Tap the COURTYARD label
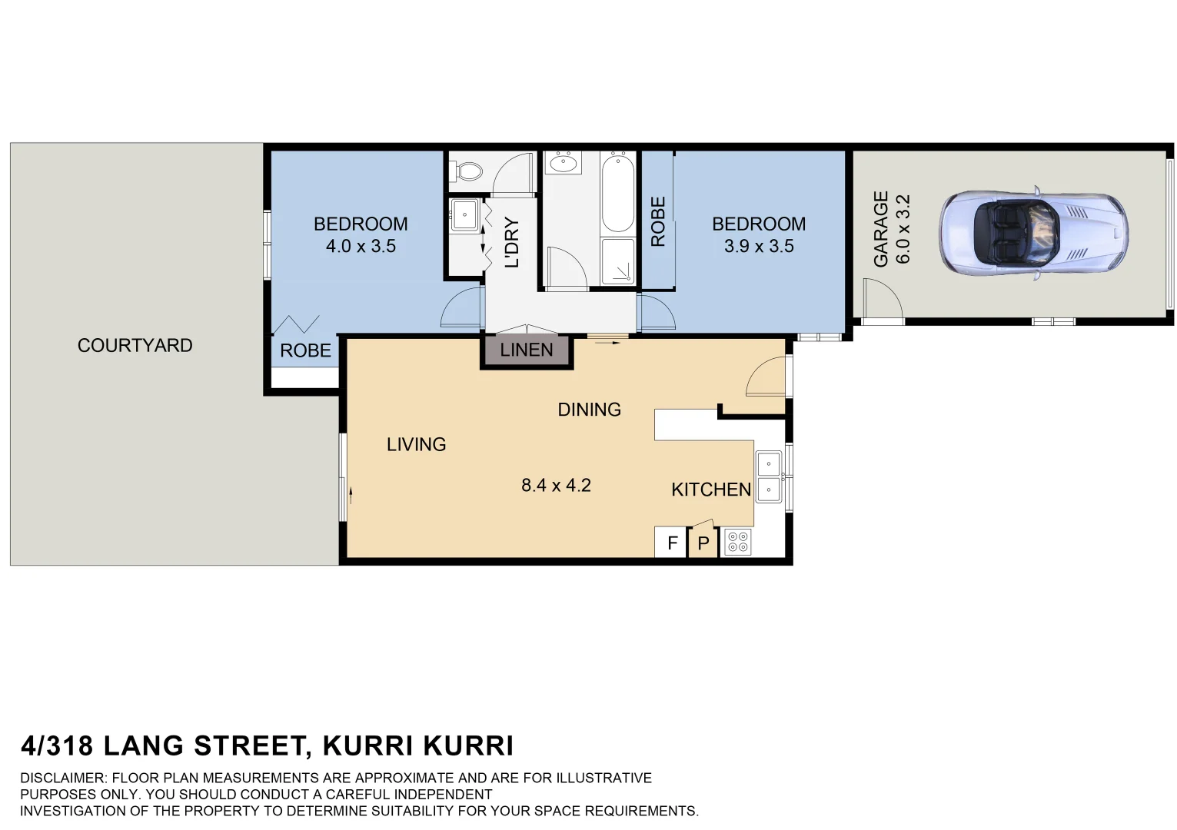[x=135, y=346]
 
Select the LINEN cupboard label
[x=527, y=350]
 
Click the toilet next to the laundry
[x=466, y=170]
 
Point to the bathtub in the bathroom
[x=617, y=192]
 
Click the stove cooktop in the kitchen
[x=737, y=543]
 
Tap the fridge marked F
[x=672, y=543]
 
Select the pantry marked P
[x=703, y=543]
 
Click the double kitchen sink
[x=769, y=477]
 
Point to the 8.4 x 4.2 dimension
[x=556, y=485]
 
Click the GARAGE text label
[x=881, y=229]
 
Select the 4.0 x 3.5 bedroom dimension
[x=361, y=247]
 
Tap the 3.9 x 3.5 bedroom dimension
[x=759, y=247]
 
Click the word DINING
[x=589, y=410]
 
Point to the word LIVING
[x=416, y=444]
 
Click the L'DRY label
[x=512, y=243]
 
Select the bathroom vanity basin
[x=564, y=162]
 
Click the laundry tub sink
[x=465, y=215]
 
